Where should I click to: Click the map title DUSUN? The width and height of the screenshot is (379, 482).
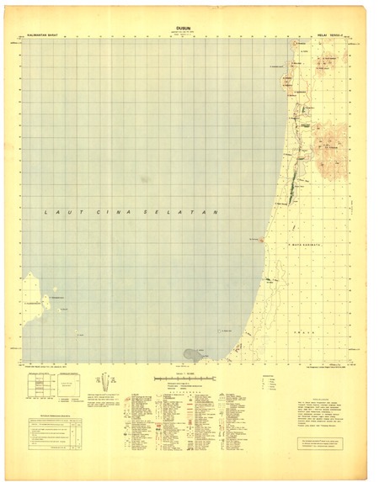[183, 29]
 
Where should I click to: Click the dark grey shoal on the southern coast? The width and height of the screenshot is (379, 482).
[194, 354]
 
